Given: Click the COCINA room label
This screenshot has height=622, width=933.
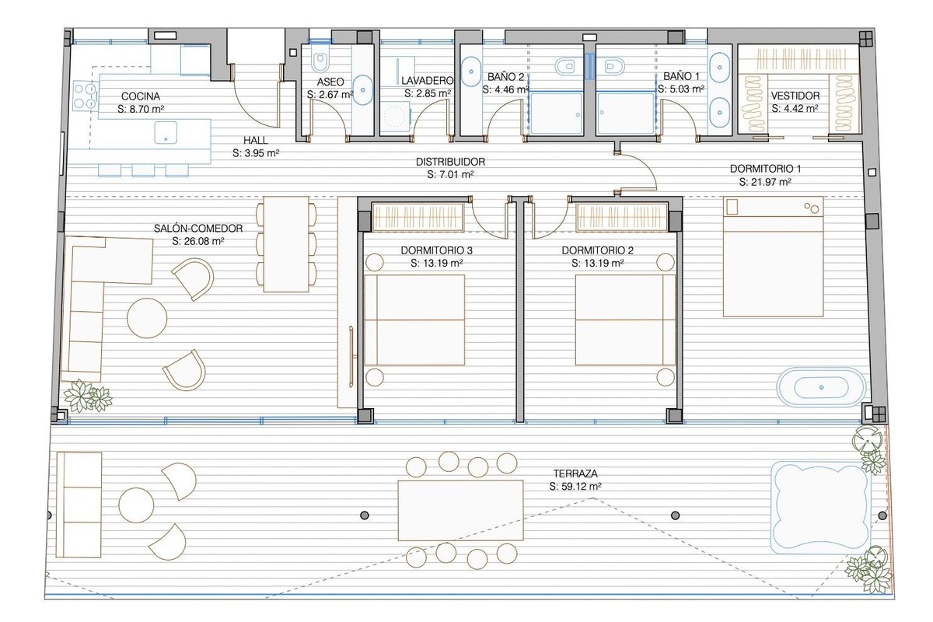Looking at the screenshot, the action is (x=141, y=96).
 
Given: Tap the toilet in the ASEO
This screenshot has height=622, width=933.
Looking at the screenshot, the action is (x=320, y=62).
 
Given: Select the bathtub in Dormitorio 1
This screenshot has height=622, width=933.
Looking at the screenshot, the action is (x=821, y=387).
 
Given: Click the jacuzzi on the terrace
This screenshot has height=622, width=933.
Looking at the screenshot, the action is (x=820, y=508).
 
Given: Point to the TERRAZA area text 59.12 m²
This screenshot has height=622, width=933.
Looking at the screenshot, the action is (x=575, y=486).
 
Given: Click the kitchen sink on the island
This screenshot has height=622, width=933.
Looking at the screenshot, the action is (x=166, y=132).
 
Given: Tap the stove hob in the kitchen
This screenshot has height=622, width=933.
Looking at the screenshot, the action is (x=85, y=96).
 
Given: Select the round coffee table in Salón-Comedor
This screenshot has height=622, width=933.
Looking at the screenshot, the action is (x=147, y=318).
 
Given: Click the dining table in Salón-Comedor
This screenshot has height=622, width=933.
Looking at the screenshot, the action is (x=286, y=244).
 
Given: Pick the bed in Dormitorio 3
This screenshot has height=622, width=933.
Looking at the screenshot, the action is (x=414, y=320).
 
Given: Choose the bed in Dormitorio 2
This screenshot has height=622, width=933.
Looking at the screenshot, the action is (x=625, y=320).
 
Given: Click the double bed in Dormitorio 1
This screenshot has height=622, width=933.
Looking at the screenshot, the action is (x=773, y=257).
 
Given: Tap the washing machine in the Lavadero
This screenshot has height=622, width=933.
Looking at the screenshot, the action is (x=395, y=116).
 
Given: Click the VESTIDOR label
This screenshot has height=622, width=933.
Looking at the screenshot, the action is (x=795, y=96).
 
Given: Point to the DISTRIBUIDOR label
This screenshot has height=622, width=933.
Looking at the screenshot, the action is (x=450, y=162).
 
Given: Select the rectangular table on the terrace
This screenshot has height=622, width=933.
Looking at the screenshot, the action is (x=460, y=510).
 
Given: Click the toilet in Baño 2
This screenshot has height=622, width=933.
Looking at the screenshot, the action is (x=564, y=66).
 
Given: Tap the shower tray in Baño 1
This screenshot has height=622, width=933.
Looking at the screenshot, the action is (x=625, y=114).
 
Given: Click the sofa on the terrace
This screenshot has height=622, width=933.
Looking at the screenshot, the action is (x=79, y=505).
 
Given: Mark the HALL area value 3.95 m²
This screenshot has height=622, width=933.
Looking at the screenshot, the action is (x=256, y=153).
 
